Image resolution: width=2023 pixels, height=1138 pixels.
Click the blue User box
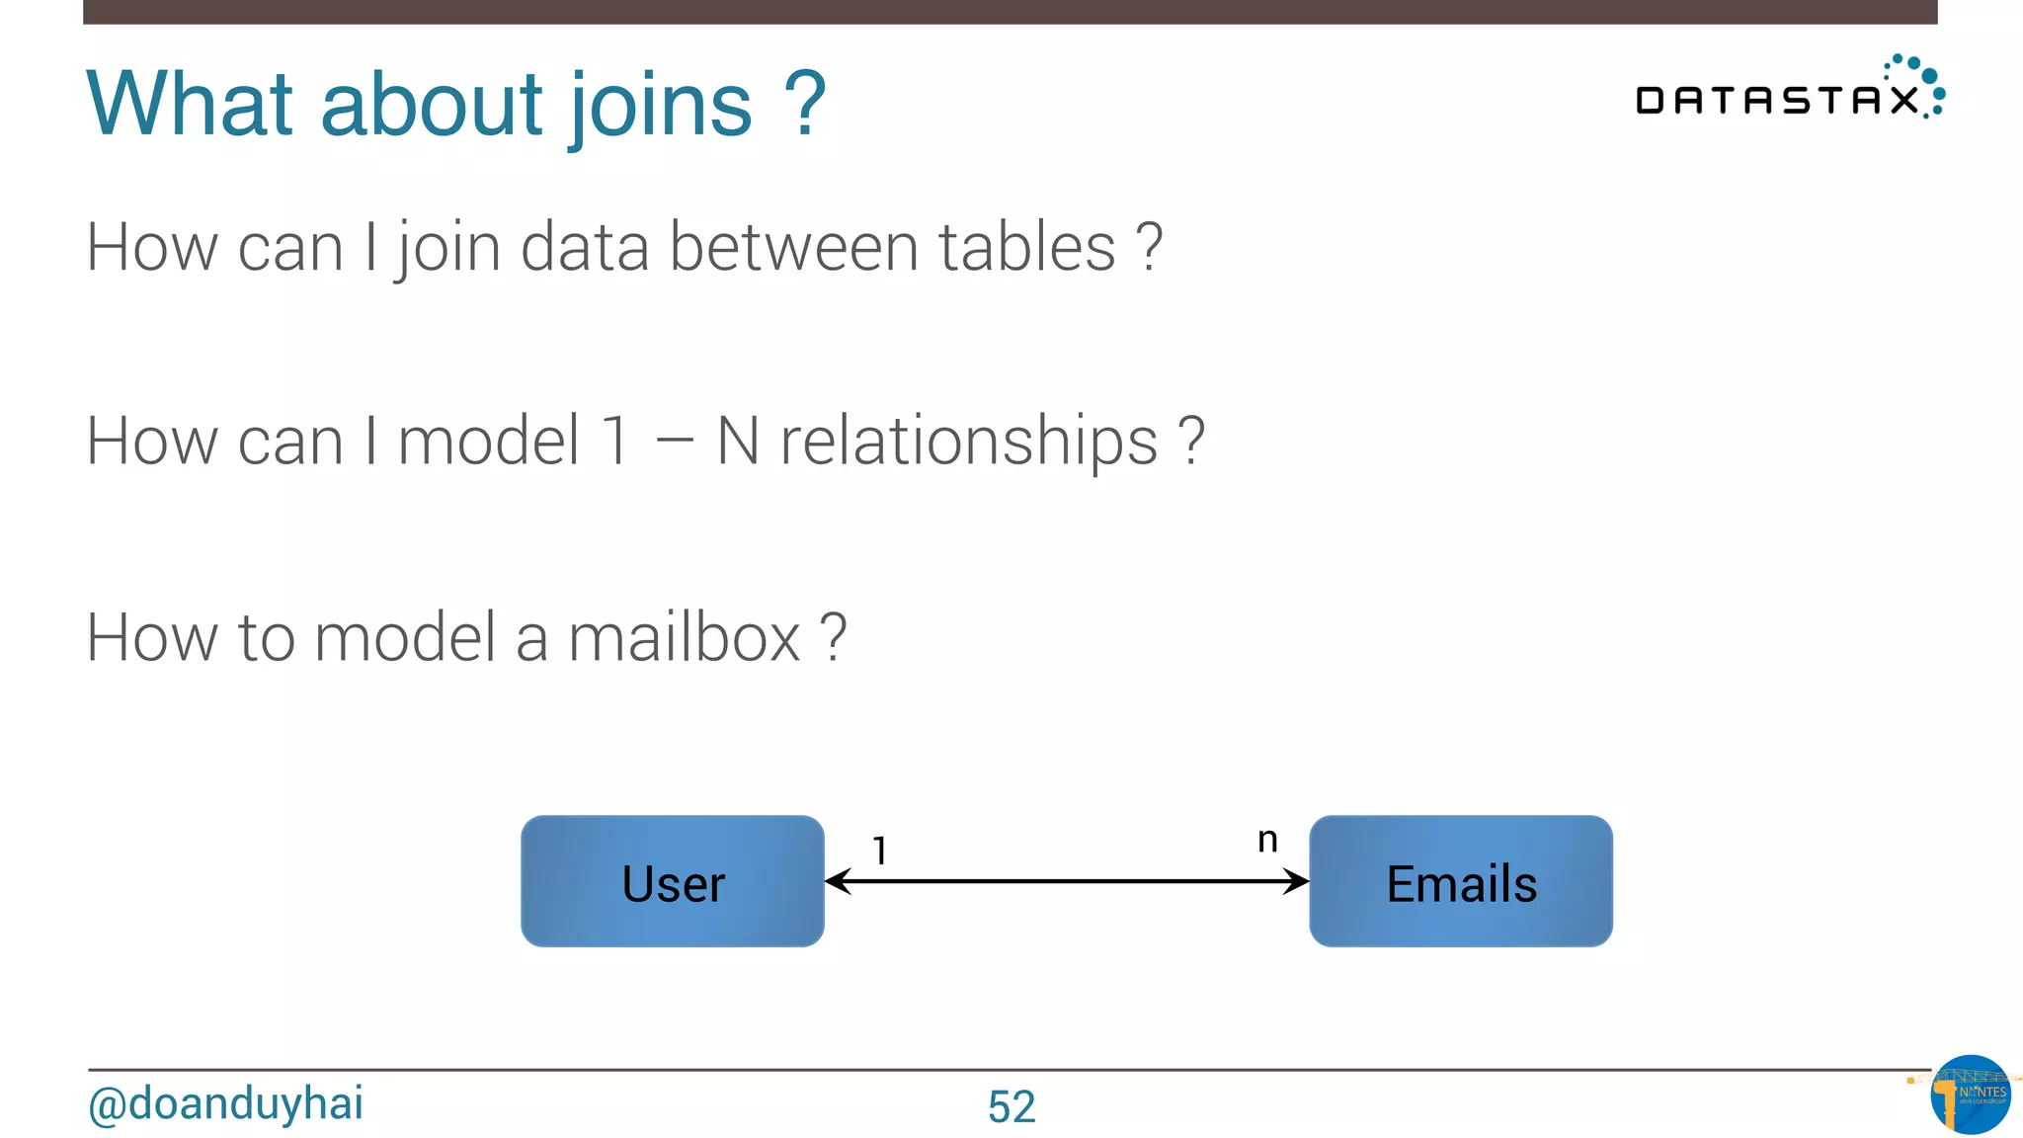pyautogui.click(x=672, y=881)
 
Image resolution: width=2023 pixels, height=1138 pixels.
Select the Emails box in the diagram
pyautogui.click(x=1460, y=881)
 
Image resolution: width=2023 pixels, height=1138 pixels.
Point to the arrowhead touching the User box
pyautogui.click(x=838, y=881)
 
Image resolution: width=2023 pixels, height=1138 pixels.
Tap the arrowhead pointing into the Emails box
pyautogui.click(x=1296, y=881)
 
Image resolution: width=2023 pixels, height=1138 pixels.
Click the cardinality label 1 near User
pyautogui.click(x=879, y=851)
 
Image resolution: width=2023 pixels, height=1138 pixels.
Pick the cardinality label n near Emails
pyautogui.click(x=1267, y=840)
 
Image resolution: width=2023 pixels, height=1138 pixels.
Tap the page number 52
pyautogui.click(x=1011, y=1106)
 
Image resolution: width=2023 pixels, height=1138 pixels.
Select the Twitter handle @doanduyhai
pyautogui.click(x=225, y=1104)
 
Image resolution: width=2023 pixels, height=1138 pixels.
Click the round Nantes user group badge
pyautogui.click(x=1971, y=1095)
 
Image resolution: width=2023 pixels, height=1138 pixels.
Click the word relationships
pyautogui.click(x=969, y=441)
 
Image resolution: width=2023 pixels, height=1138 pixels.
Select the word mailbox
pyautogui.click(x=684, y=637)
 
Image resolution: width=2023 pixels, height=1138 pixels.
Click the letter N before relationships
pyautogui.click(x=738, y=441)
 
